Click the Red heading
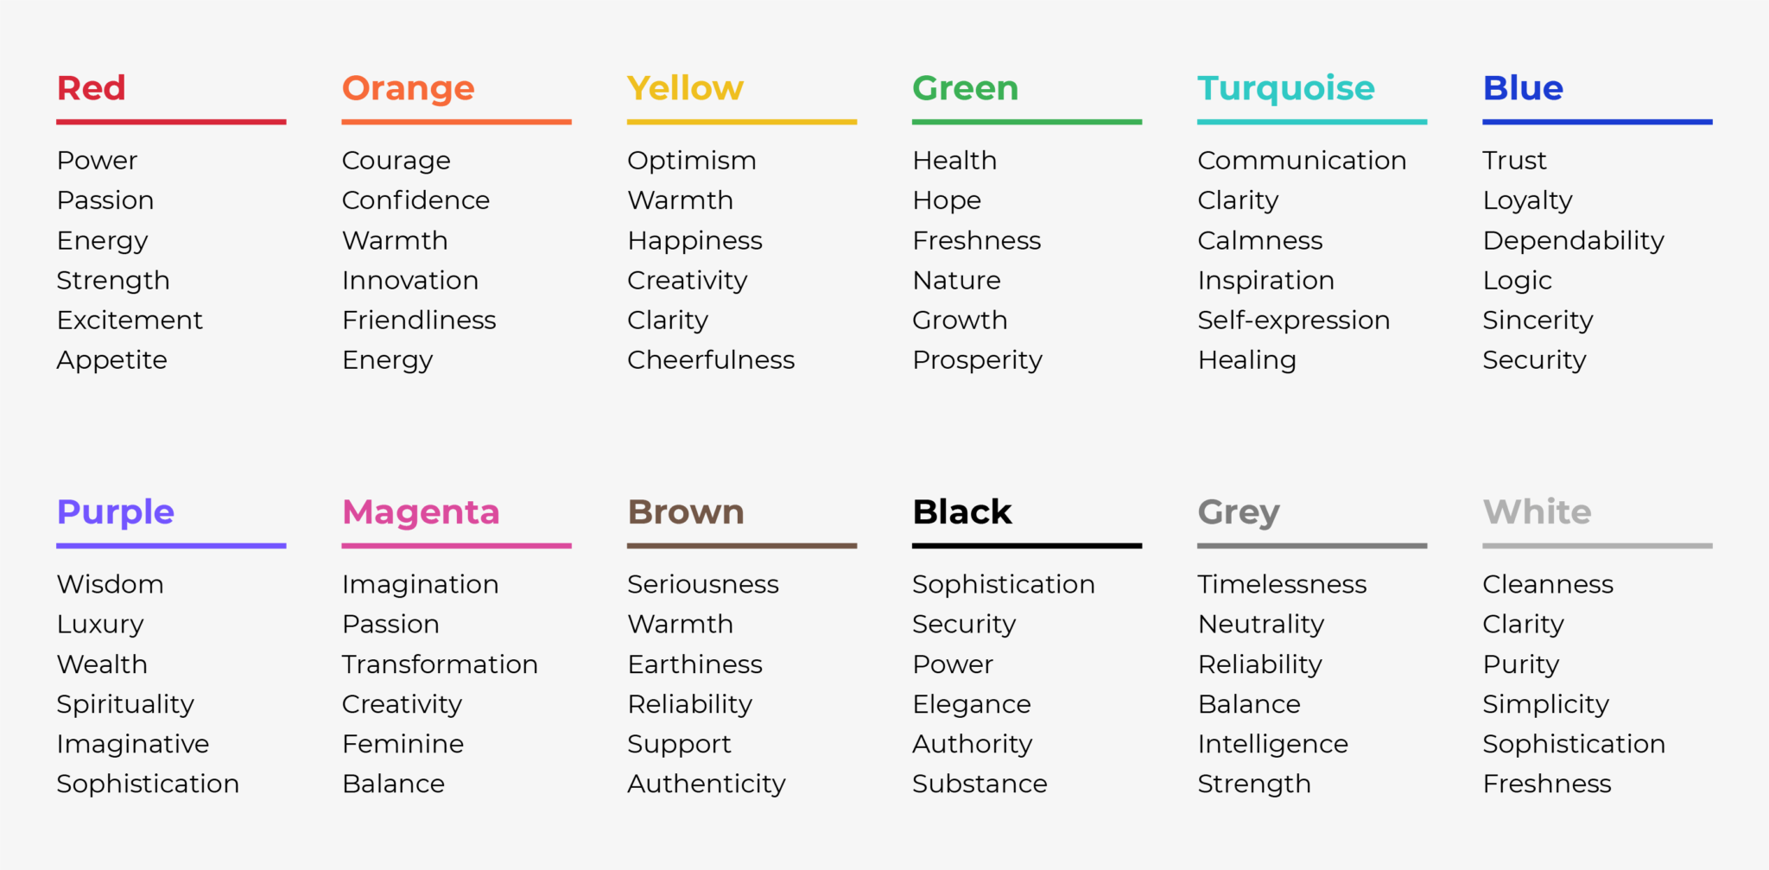(x=91, y=88)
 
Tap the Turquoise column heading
(x=1285, y=88)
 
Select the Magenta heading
(x=421, y=512)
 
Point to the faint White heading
(x=1537, y=512)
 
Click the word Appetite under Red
(x=111, y=360)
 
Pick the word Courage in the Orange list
(x=396, y=161)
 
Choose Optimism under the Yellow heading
(x=691, y=161)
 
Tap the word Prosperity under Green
(x=977, y=360)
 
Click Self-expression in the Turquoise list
(x=1293, y=321)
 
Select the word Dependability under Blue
(x=1573, y=241)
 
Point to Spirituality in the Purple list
(x=125, y=704)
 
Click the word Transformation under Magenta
(x=440, y=664)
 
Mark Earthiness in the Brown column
(x=694, y=664)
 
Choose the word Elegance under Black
(x=971, y=704)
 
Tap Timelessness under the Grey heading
(x=1282, y=585)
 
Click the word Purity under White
(x=1520, y=664)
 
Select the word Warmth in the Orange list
(x=395, y=241)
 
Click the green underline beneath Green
(x=1026, y=122)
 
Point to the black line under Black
(x=1026, y=546)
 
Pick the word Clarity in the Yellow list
(x=667, y=321)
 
